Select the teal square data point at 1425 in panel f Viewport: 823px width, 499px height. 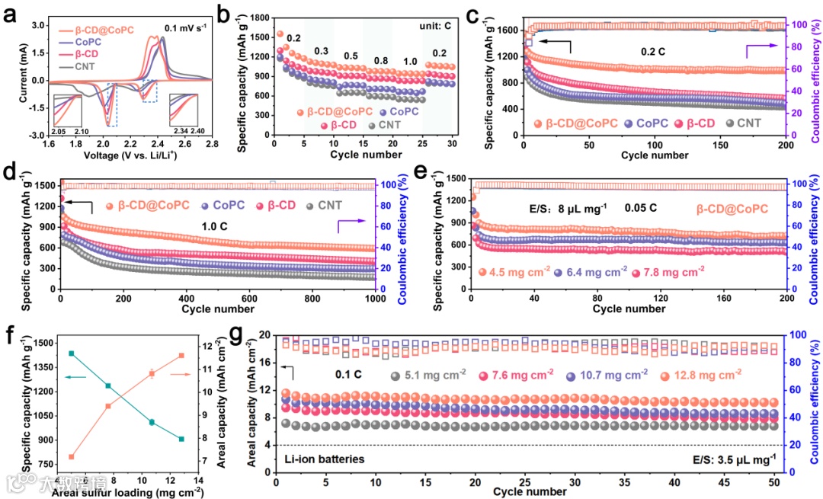click(x=72, y=353)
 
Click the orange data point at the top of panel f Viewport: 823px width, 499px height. click(x=181, y=356)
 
